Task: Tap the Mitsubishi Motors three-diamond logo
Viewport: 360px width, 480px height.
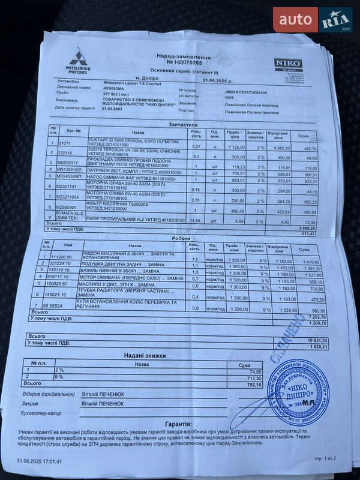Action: pyautogui.click(x=77, y=58)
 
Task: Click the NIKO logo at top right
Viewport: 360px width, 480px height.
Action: pyautogui.click(x=285, y=63)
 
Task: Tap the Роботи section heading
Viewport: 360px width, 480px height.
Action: pyautogui.click(x=181, y=238)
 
